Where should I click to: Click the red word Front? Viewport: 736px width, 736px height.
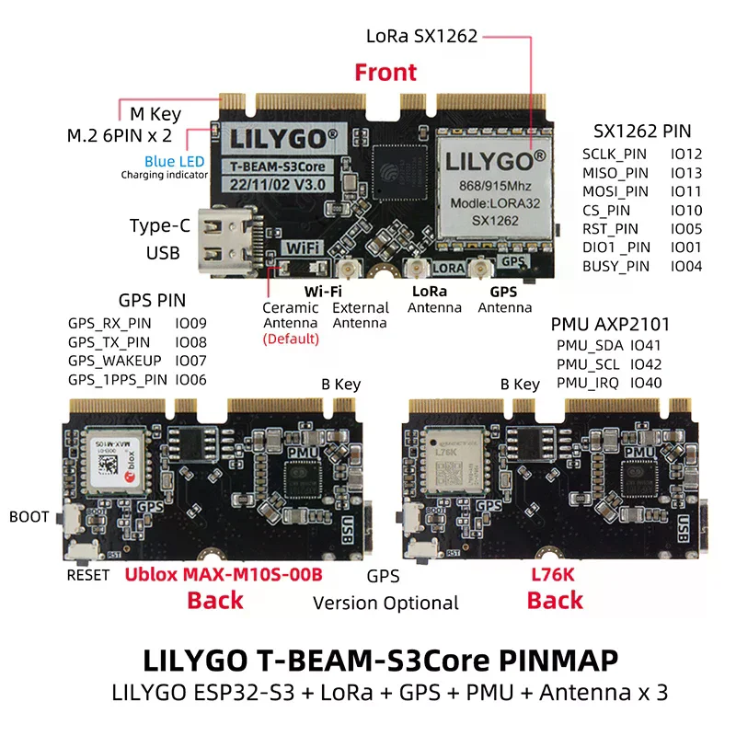(385, 72)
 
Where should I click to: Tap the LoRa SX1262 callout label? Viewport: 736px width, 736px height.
(421, 37)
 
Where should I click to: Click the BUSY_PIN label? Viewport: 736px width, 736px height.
(615, 267)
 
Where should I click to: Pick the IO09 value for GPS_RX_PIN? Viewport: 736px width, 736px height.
(190, 324)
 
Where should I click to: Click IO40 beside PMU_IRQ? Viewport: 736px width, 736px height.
(646, 383)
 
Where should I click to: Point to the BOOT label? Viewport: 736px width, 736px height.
(29, 517)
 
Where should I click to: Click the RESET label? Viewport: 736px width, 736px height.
(88, 576)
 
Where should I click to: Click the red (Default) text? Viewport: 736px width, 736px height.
(291, 339)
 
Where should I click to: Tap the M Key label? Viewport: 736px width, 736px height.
(155, 115)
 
